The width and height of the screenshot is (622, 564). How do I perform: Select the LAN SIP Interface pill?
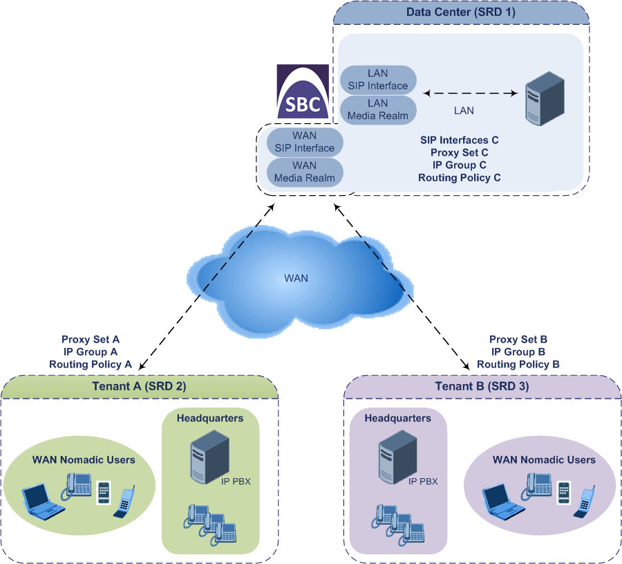(377, 80)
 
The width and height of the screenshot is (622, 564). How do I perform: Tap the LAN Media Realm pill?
(377, 109)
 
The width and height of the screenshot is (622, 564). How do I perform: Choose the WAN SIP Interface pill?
(304, 142)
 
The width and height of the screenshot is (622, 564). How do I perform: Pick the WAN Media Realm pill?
(304, 172)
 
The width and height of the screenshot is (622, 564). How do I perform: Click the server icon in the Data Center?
(545, 102)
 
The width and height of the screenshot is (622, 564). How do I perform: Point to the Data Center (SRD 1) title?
(460, 12)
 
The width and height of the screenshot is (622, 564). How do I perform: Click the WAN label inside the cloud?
(296, 278)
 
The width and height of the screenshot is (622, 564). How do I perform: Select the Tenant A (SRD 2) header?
(139, 387)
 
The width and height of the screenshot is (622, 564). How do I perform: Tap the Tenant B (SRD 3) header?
(482, 387)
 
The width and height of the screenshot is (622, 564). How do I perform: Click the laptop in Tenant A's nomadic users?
(42, 500)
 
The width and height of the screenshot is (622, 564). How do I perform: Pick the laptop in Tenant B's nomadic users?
(502, 500)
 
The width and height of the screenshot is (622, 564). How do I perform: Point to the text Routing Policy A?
(91, 364)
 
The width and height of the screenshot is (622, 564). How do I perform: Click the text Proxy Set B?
(518, 339)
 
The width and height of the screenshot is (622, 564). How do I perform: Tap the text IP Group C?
(459, 165)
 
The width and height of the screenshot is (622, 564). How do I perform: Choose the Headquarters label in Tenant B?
(397, 418)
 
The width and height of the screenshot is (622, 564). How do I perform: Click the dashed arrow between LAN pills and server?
(471, 92)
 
